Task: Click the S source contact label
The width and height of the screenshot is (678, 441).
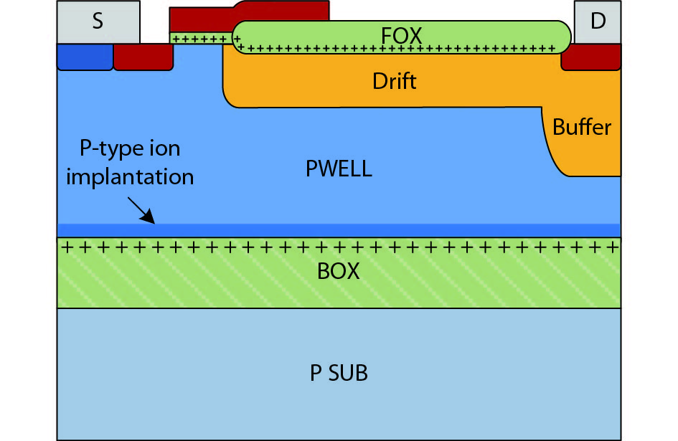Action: coord(98,22)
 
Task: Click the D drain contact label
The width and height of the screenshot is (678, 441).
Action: coord(597,22)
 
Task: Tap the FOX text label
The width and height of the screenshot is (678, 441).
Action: coord(401,35)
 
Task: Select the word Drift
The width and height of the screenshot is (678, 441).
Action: coord(394,80)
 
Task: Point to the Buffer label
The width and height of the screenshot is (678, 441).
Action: coord(582,128)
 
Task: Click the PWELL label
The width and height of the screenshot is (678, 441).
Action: coord(339,170)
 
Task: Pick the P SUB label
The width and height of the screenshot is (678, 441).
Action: coord(339,373)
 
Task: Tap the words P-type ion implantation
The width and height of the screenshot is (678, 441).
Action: coord(130,163)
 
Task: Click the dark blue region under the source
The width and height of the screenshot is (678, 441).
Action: coord(85,57)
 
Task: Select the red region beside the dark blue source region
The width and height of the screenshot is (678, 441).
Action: coord(143,57)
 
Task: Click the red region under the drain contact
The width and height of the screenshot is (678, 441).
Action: coord(590,60)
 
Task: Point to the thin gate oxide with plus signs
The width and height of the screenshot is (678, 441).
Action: coord(200,38)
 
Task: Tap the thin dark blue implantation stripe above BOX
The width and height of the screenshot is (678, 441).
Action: coord(339,229)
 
